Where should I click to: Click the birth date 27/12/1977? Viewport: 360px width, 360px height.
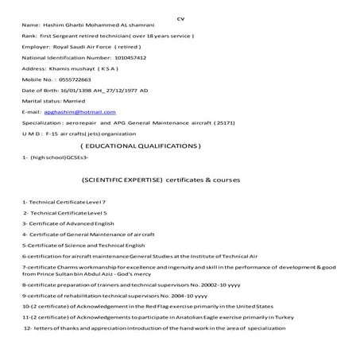coord(122,91)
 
